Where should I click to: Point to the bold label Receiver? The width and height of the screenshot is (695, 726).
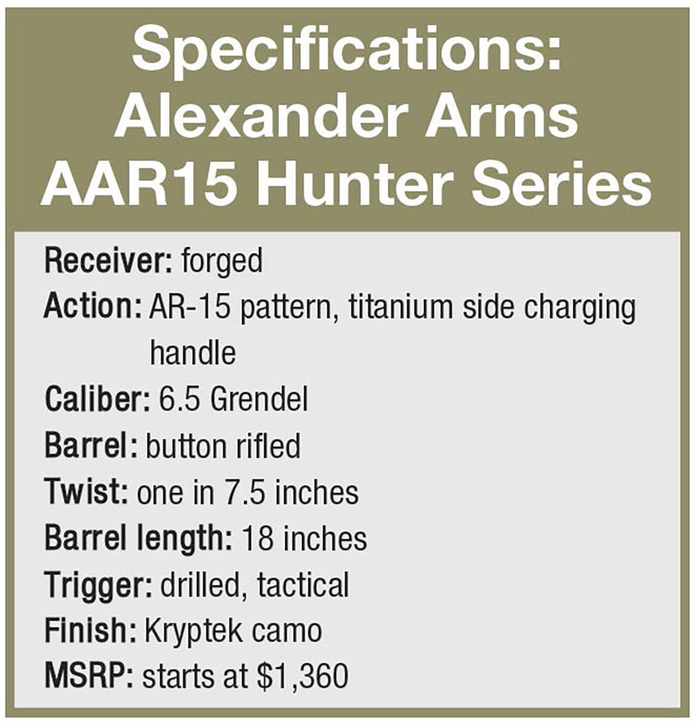click(108, 261)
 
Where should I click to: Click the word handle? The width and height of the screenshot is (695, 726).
click(193, 352)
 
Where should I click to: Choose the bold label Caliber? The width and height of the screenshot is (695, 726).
click(97, 399)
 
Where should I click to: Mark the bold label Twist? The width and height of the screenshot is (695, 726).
click(87, 491)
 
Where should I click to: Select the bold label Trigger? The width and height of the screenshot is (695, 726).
click(99, 586)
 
